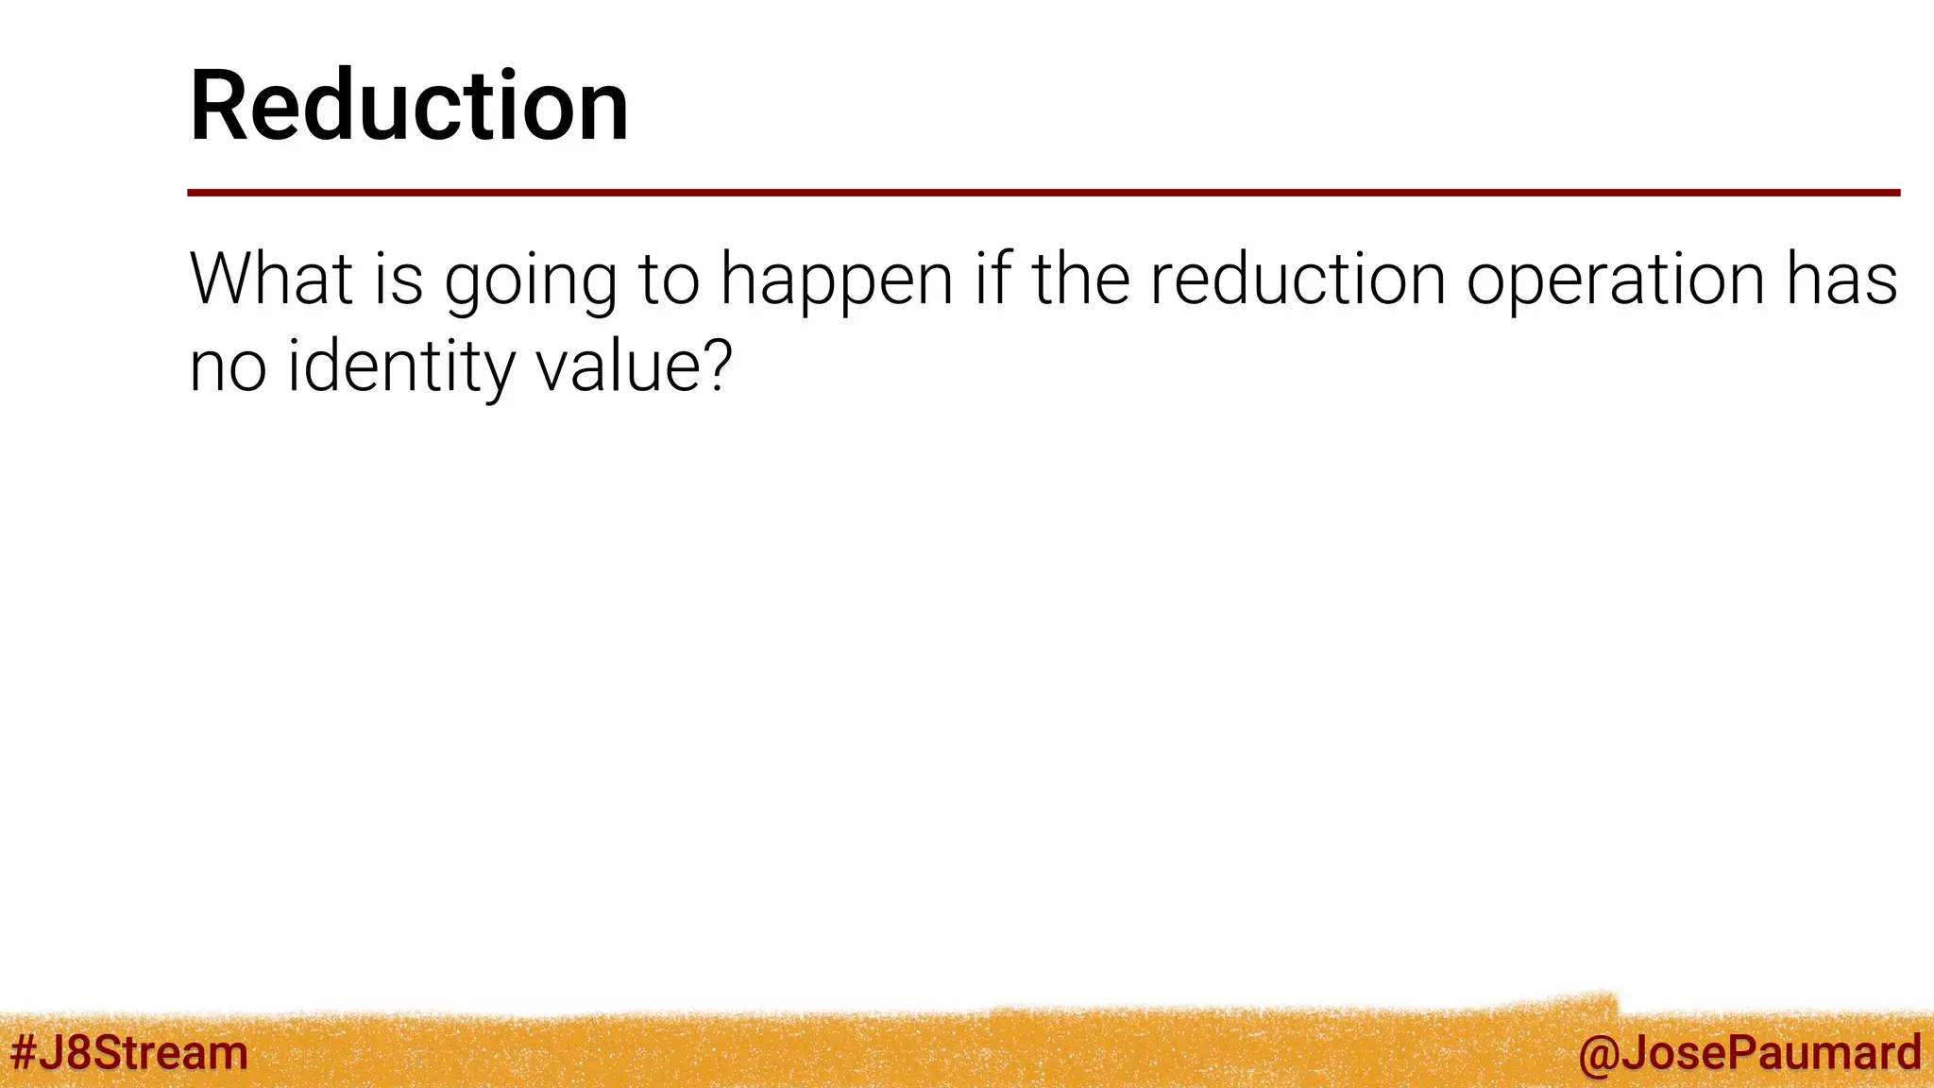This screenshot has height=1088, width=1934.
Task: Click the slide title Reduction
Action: pyautogui.click(x=408, y=106)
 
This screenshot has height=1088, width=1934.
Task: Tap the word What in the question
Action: pyautogui.click(x=271, y=279)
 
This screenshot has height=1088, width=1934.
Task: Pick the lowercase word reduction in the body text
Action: pyautogui.click(x=1297, y=279)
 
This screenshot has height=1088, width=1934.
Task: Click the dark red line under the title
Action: pyautogui.click(x=1043, y=193)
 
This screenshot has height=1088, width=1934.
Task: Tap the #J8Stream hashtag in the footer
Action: pyautogui.click(x=128, y=1052)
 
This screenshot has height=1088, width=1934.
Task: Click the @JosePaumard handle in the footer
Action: pyautogui.click(x=1749, y=1052)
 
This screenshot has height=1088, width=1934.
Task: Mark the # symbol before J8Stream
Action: pyautogui.click(x=24, y=1052)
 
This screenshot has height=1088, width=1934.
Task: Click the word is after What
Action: pyautogui.click(x=399, y=279)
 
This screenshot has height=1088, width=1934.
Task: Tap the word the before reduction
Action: pyautogui.click(x=1079, y=279)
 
